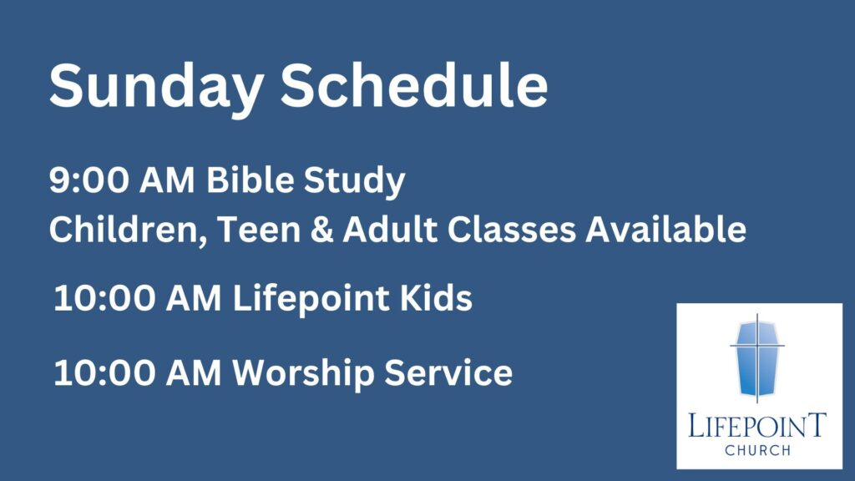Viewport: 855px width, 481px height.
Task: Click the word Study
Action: click(354, 181)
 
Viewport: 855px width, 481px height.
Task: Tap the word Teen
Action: click(259, 229)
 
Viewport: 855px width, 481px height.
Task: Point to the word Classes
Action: click(512, 229)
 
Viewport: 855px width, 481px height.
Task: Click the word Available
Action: click(665, 229)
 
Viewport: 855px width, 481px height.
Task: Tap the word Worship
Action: click(303, 374)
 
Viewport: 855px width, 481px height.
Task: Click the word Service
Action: click(448, 372)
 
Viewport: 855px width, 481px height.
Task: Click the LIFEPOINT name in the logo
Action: click(757, 425)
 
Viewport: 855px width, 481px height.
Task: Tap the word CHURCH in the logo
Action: click(758, 450)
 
